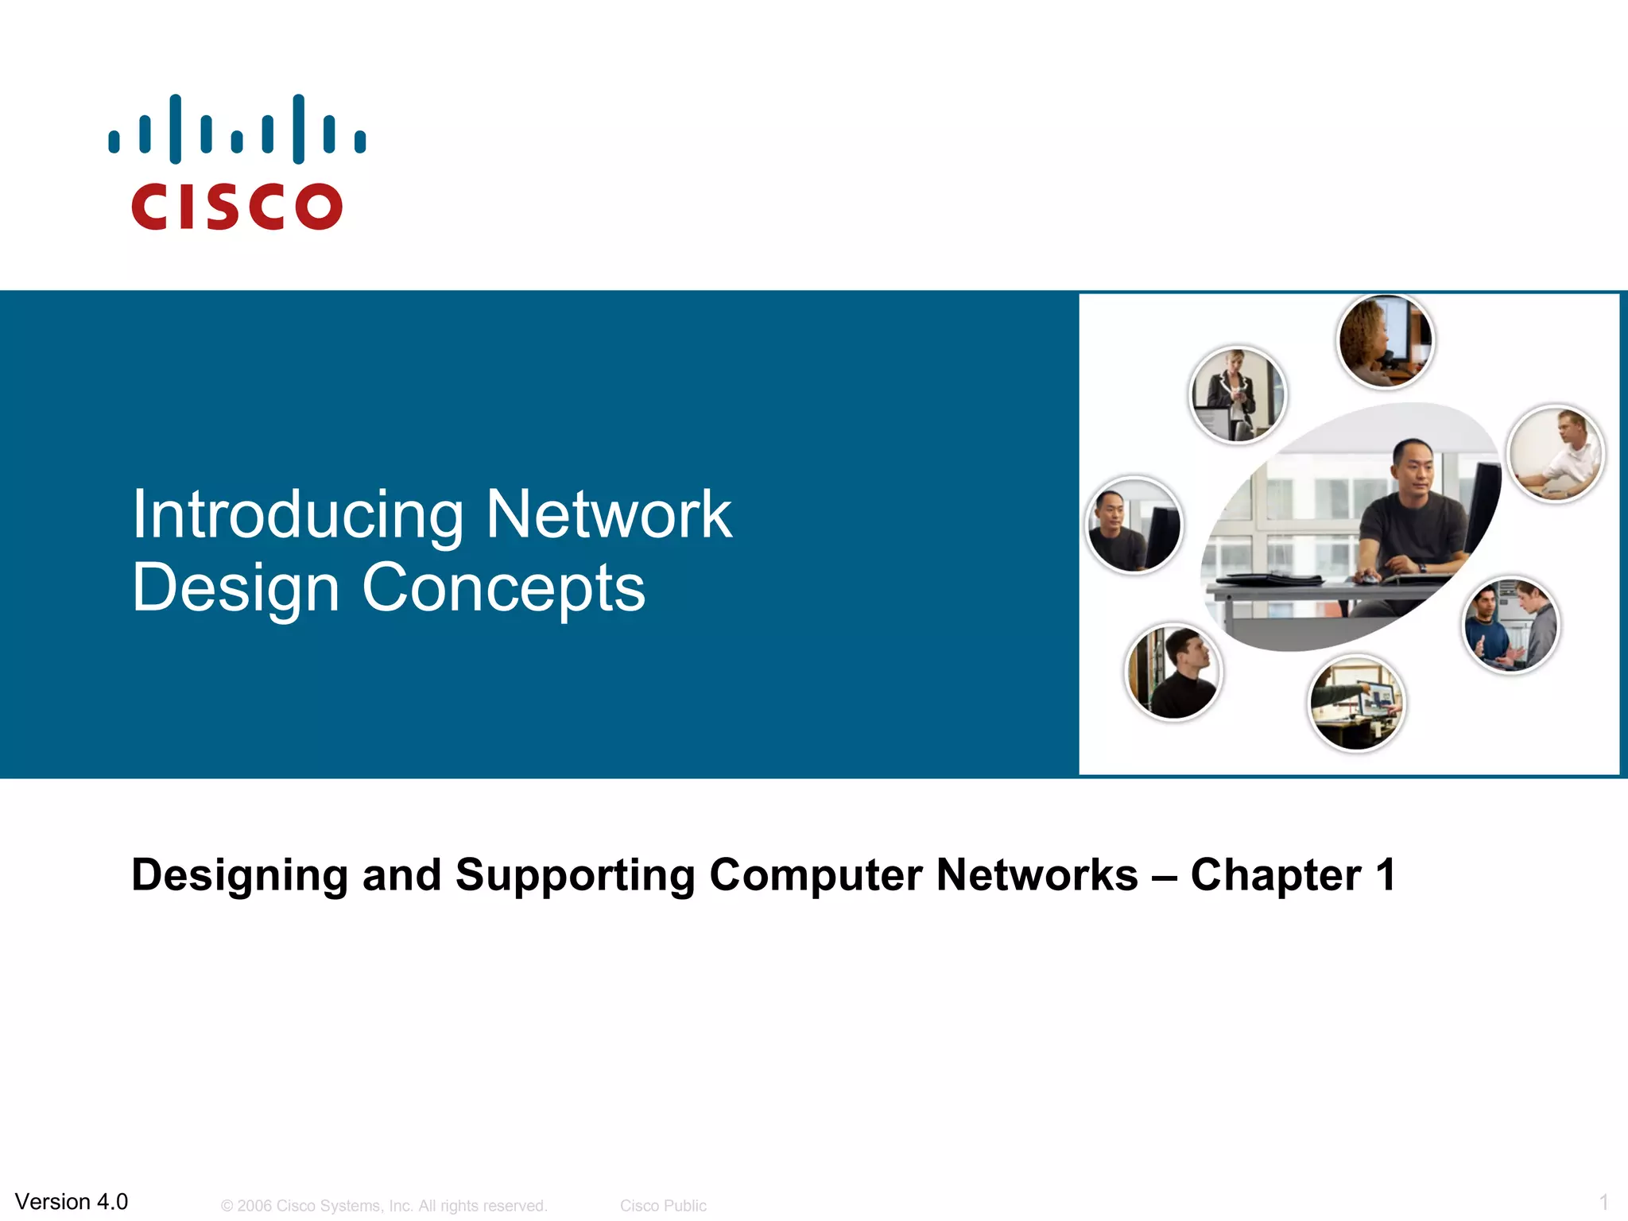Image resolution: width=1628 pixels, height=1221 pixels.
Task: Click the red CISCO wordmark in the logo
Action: pyautogui.click(x=237, y=207)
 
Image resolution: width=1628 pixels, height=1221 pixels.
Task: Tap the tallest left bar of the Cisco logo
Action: pyautogui.click(x=175, y=129)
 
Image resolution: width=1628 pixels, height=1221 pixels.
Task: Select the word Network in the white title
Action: pyautogui.click(x=608, y=515)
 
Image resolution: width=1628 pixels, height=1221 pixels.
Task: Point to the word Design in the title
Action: pyautogui.click(x=235, y=589)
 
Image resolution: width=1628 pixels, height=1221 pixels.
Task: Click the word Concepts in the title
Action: pyautogui.click(x=503, y=588)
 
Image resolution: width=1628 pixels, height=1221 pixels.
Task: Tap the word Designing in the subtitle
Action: pyautogui.click(x=239, y=876)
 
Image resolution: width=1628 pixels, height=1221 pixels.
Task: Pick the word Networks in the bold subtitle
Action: pyautogui.click(x=1037, y=874)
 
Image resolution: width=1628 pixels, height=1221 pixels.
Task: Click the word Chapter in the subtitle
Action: pyautogui.click(x=1275, y=876)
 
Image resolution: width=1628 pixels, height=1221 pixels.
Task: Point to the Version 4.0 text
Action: pyautogui.click(x=72, y=1201)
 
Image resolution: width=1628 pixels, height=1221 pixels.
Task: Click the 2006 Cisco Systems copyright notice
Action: pyautogui.click(x=384, y=1206)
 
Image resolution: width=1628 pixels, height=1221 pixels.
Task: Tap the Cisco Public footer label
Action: pyautogui.click(x=663, y=1206)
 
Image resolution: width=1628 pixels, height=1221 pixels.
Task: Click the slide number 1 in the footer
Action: pyautogui.click(x=1603, y=1202)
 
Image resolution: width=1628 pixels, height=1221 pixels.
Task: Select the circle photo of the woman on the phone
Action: pyautogui.click(x=1385, y=340)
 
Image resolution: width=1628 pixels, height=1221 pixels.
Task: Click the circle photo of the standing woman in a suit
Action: pyautogui.click(x=1237, y=395)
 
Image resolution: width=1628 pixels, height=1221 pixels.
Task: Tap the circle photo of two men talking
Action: pyautogui.click(x=1511, y=626)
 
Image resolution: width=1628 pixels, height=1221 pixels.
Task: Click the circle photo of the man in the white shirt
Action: pyautogui.click(x=1556, y=454)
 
